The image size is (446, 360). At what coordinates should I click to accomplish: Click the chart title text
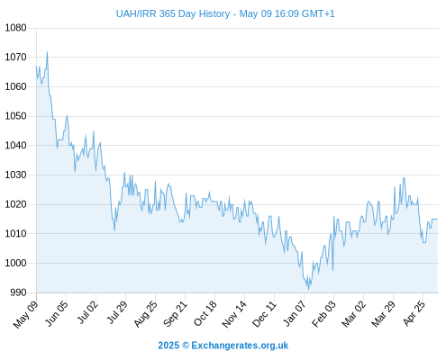(225, 13)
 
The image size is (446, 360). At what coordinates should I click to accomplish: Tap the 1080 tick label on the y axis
(15, 28)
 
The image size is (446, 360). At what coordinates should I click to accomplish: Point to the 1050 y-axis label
(15, 116)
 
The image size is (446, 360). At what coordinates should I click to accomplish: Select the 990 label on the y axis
(18, 292)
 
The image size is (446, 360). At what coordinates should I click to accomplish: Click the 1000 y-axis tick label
(15, 263)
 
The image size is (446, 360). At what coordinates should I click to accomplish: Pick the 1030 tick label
(15, 175)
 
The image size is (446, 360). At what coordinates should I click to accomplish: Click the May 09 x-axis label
(26, 314)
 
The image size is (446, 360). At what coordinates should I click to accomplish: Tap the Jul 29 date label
(117, 312)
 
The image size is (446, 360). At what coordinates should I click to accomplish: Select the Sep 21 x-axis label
(175, 314)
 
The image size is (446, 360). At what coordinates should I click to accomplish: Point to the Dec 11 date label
(264, 314)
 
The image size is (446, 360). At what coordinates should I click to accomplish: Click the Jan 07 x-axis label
(295, 313)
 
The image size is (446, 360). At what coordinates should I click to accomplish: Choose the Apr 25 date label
(414, 313)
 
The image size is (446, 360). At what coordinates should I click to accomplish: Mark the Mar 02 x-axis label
(354, 314)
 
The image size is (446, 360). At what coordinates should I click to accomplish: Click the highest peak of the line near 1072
(47, 52)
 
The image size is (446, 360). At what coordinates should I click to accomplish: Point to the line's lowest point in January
(308, 290)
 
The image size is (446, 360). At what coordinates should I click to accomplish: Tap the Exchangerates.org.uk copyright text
(223, 346)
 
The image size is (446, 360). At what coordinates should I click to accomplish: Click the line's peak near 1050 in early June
(67, 115)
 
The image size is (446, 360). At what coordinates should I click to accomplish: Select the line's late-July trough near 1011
(114, 230)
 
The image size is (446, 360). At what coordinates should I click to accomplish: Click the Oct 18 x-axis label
(205, 313)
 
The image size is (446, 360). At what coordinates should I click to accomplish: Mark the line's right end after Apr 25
(438, 220)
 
